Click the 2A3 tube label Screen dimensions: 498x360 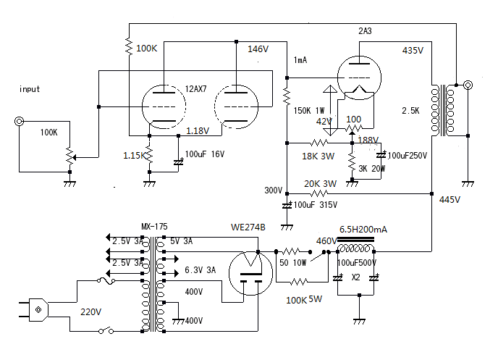coord(365,31)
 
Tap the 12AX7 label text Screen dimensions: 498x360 coord(195,88)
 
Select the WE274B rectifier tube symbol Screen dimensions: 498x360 coord(250,272)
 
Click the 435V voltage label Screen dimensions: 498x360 coord(413,50)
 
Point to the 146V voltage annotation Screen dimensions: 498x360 coord(258,49)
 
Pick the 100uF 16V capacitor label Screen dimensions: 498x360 coord(205,154)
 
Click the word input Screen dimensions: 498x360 coord(30,89)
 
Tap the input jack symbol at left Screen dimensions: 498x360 coord(20,122)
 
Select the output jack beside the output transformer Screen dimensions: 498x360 coord(468,85)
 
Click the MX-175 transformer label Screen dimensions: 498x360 coord(154,226)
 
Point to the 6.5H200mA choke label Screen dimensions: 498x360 coord(363,229)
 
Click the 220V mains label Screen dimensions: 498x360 coord(90,311)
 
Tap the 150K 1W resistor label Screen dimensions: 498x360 coord(309,111)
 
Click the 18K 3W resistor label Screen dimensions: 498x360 coord(318,156)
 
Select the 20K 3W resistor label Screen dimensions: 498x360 coord(320,184)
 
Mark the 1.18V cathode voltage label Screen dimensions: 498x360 coord(198,130)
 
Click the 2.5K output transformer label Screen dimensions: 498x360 coord(410,111)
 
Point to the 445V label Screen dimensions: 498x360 coord(450,199)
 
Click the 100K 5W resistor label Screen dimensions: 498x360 coord(304,300)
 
